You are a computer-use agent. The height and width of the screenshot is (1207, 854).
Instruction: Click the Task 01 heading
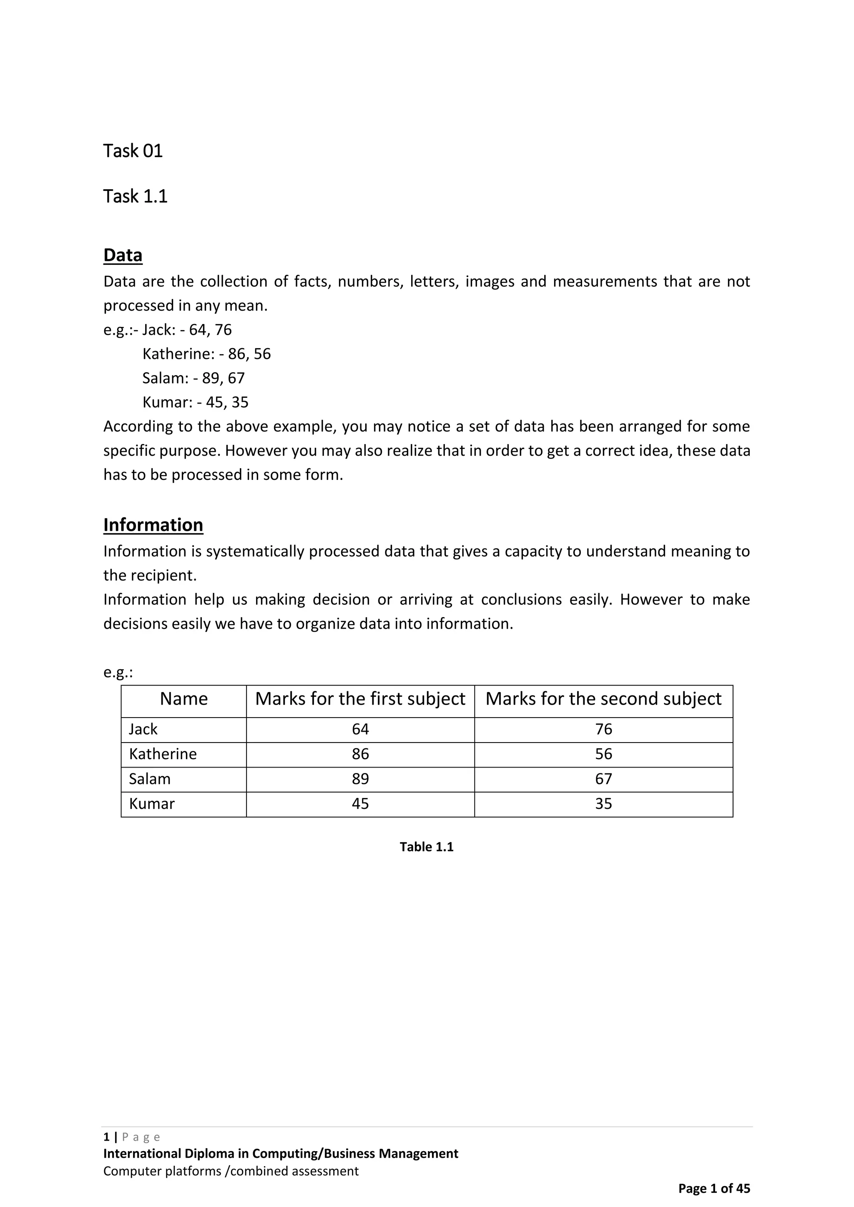(x=133, y=151)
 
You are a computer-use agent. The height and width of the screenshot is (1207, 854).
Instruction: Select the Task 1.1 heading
(x=135, y=197)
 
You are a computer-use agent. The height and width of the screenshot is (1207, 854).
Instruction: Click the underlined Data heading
(x=123, y=255)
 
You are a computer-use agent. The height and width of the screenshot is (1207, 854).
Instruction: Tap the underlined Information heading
(x=153, y=524)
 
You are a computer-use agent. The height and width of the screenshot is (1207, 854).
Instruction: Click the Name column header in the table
(x=183, y=699)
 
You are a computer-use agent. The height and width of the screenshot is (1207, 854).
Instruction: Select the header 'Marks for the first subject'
(x=360, y=699)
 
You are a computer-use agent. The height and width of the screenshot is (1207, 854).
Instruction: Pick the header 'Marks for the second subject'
(x=603, y=699)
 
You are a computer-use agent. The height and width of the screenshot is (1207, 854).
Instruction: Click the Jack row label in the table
(x=143, y=729)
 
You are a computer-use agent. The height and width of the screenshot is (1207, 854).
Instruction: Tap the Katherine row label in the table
(x=163, y=754)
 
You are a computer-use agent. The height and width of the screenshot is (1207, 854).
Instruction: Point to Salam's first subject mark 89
(x=360, y=778)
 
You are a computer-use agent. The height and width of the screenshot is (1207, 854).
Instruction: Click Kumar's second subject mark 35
(x=603, y=803)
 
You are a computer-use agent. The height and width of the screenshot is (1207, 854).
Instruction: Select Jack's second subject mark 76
(x=603, y=729)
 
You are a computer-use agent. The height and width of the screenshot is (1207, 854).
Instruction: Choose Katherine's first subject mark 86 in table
(x=360, y=754)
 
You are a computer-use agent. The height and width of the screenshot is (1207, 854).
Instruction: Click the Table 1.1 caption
(x=427, y=847)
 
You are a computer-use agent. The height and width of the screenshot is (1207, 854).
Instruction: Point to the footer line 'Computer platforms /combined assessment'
(x=231, y=1171)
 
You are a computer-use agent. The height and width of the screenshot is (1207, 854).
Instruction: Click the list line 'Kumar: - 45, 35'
(x=195, y=402)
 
